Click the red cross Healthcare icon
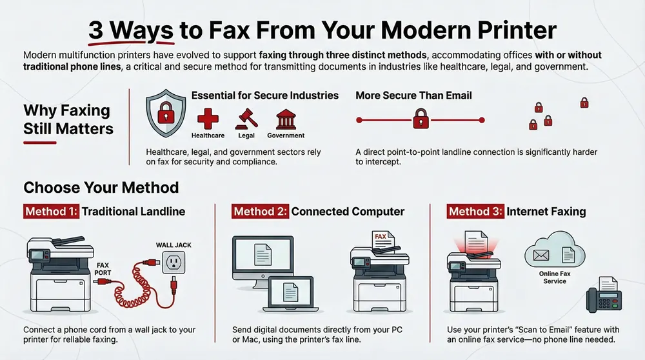click(208, 119)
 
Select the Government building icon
click(285, 119)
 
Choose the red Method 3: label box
click(475, 211)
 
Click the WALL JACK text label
click(173, 245)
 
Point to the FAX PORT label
click(105, 268)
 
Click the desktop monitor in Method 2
click(261, 255)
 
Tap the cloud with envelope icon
click(552, 255)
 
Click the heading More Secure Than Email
click(413, 95)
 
